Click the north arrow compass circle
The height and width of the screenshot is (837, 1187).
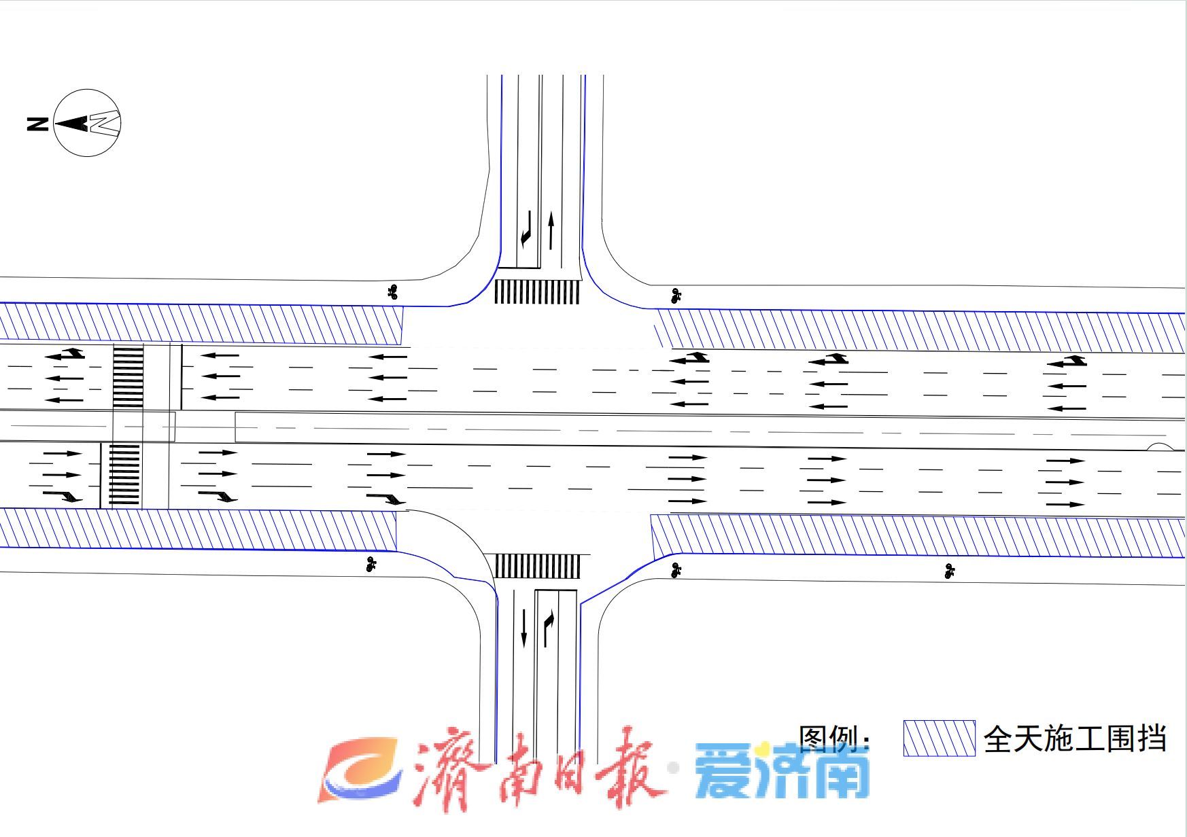click(87, 123)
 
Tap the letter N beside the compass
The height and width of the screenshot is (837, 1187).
click(38, 124)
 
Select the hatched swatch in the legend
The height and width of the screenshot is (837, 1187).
click(939, 738)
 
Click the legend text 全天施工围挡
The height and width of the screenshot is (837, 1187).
click(1075, 738)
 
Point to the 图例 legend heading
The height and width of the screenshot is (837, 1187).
click(834, 738)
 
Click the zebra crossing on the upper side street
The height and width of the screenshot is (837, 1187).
click(536, 291)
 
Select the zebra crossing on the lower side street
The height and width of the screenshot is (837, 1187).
click(536, 566)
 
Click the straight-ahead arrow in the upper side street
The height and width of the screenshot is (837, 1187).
click(551, 230)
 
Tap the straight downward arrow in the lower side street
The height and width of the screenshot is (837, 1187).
click(523, 627)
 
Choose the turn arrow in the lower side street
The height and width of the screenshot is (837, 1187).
click(548, 628)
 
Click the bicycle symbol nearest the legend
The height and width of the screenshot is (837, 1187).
click(950, 571)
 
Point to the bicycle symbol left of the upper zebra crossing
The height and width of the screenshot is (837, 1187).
click(392, 292)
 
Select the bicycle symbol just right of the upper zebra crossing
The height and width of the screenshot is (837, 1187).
click(675, 296)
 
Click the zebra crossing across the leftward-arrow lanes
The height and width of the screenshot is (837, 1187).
click(128, 377)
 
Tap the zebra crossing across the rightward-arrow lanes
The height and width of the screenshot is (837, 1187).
click(124, 475)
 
